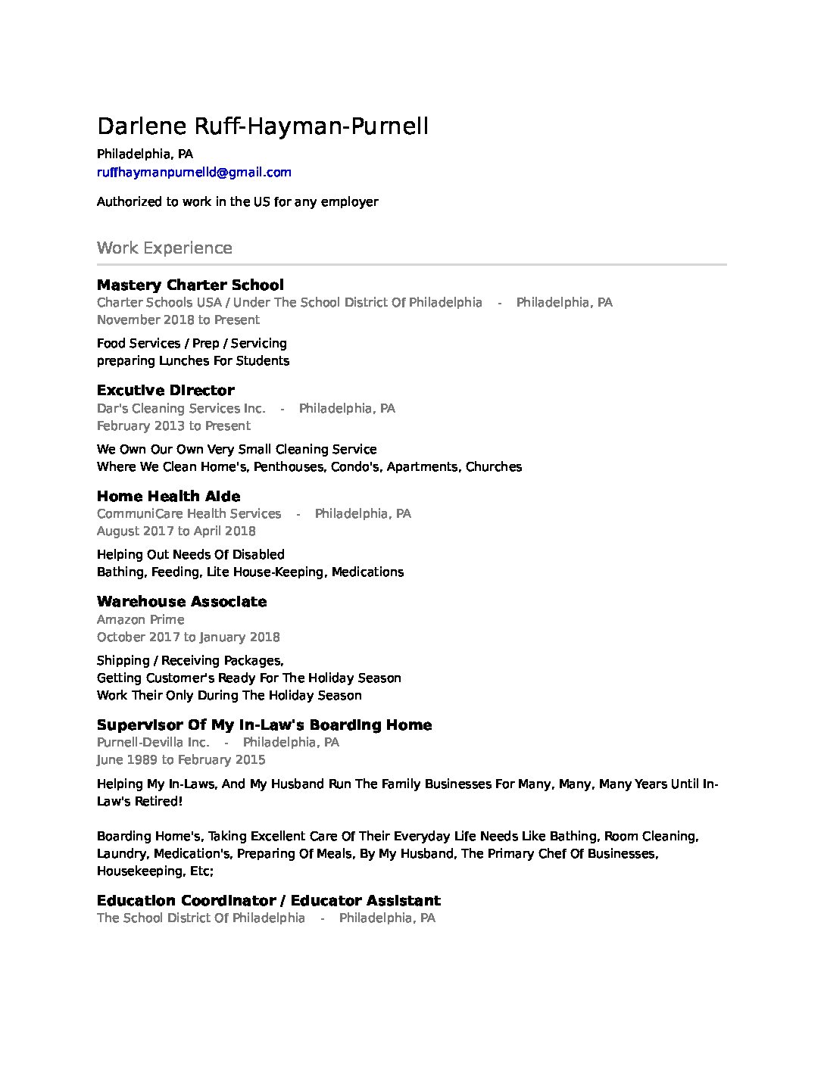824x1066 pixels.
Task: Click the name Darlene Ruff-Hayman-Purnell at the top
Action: [262, 126]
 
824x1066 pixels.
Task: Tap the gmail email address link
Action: [194, 173]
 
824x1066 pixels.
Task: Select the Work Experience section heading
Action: [164, 248]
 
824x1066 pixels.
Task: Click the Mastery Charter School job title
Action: [190, 285]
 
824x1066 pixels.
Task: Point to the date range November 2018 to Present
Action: [178, 319]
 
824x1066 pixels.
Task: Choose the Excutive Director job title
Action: [165, 391]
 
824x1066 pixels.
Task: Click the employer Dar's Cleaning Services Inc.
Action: [181, 409]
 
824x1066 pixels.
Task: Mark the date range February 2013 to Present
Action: [173, 425]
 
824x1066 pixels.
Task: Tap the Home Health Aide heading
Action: [168, 497]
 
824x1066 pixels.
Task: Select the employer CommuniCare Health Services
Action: [189, 514]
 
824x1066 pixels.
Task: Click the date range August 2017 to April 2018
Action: [176, 531]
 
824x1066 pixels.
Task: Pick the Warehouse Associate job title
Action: [182, 602]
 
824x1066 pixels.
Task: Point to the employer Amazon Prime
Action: [140, 620]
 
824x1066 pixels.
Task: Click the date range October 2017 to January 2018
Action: [188, 637]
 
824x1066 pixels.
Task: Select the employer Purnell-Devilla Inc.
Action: [153, 743]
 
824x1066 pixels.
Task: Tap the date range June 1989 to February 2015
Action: [181, 760]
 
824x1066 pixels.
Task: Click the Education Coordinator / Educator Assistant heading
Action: [268, 901]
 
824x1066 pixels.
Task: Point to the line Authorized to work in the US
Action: [237, 202]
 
